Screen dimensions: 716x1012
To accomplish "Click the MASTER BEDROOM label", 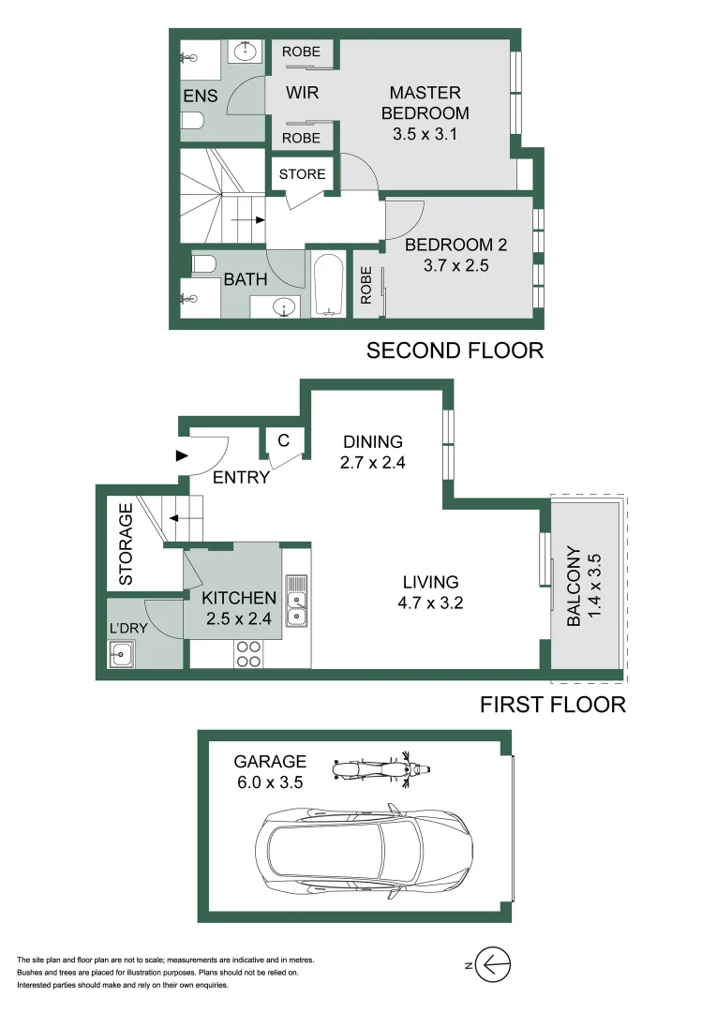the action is click(x=425, y=103).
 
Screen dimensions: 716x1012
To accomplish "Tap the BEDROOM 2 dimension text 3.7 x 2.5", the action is click(x=455, y=265).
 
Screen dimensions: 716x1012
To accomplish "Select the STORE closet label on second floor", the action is click(x=302, y=174).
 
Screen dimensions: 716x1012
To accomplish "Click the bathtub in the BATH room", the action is click(x=328, y=285).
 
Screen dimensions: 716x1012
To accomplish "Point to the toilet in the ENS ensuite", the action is click(x=192, y=120).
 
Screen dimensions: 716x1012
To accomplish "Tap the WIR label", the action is click(x=302, y=93).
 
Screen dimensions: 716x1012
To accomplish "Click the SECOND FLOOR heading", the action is click(x=455, y=350).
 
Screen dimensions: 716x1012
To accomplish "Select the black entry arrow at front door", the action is click(x=182, y=455).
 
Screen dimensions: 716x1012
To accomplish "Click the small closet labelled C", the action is click(x=283, y=440).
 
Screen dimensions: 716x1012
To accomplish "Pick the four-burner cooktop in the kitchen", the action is click(x=248, y=654).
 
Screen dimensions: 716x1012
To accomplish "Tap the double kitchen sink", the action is click(x=296, y=601).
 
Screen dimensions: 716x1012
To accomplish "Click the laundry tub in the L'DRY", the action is click(x=121, y=654).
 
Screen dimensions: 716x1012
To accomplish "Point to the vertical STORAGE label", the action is click(x=126, y=544).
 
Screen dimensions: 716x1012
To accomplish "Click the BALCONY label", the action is click(x=574, y=586).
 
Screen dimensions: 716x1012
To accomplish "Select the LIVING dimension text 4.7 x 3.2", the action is click(x=431, y=603).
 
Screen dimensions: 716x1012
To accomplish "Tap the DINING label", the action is click(x=373, y=441).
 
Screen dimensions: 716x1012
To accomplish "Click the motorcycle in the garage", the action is click(x=380, y=769).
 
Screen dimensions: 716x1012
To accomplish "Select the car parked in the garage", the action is click(x=364, y=851).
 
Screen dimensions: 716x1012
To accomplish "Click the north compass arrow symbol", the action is click(x=493, y=965).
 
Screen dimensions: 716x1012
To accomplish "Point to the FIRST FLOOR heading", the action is click(x=553, y=704).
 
